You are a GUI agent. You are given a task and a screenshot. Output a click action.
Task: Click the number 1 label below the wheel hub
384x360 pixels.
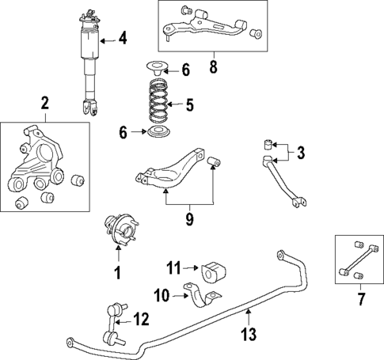116,275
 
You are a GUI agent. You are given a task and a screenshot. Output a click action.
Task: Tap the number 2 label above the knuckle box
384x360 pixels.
44,103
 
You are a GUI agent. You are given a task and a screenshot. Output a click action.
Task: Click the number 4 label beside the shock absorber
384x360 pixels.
122,37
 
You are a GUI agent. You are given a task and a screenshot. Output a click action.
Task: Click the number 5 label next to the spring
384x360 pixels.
188,104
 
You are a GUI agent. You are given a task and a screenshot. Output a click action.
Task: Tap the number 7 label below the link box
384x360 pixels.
360,298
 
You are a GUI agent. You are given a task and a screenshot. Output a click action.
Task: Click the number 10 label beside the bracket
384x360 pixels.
162,296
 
